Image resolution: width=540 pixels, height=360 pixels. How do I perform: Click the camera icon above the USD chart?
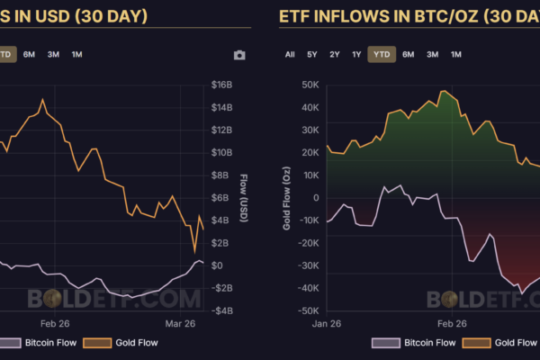click(239, 55)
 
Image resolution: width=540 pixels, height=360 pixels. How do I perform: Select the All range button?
click(290, 54)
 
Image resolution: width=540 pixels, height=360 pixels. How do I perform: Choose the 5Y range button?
click(312, 54)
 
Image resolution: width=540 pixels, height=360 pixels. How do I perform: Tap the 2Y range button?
click(335, 54)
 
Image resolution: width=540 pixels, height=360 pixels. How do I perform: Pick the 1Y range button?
click(357, 54)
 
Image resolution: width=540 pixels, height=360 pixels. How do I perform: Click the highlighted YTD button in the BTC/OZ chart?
click(382, 54)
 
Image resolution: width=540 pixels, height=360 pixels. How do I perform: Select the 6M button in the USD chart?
click(30, 54)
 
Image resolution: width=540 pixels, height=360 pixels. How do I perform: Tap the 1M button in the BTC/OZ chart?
click(456, 54)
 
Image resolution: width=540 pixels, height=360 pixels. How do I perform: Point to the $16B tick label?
click(222, 85)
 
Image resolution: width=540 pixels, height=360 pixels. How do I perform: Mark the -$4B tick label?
click(222, 310)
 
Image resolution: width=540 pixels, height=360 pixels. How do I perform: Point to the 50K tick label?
click(310, 85)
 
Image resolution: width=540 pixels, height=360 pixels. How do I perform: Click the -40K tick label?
click(308, 288)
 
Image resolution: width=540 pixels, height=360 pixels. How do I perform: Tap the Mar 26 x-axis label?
click(180, 322)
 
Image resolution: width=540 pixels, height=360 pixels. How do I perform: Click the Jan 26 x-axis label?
click(326, 322)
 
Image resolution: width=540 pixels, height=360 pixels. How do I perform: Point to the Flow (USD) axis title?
click(243, 198)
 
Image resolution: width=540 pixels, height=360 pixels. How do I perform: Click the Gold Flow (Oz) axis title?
click(287, 198)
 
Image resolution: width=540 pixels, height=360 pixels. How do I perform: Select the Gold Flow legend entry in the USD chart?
click(114, 343)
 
